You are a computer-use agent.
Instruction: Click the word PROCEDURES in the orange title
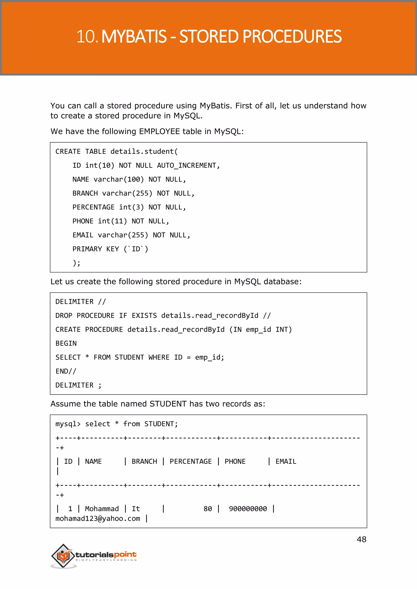click(292, 36)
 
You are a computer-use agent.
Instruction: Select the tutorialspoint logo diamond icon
click(63, 556)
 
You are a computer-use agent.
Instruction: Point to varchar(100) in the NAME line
click(119, 179)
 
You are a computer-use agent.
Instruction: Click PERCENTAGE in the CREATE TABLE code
click(93, 207)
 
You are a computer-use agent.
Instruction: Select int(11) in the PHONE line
click(112, 221)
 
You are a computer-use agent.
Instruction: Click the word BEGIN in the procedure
click(66, 344)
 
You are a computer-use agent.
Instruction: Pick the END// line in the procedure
click(66, 371)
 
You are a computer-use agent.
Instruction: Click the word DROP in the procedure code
click(64, 315)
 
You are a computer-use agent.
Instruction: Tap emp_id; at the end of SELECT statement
click(210, 357)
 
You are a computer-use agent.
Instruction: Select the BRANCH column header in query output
click(144, 461)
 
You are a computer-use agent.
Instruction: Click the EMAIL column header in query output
click(286, 461)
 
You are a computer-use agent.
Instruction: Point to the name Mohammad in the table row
click(102, 509)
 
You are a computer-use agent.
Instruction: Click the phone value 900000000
click(248, 509)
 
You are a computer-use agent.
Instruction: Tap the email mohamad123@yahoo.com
click(98, 519)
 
